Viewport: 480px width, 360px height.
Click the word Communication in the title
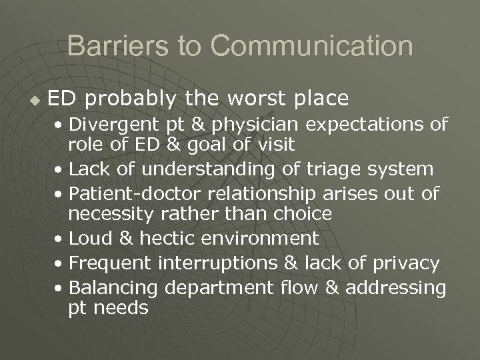(311, 46)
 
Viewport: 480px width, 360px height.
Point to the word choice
(303, 214)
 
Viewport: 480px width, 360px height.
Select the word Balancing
(113, 288)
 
